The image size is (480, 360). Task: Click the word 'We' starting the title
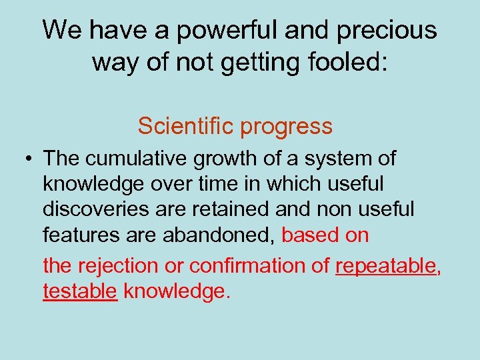click(64, 31)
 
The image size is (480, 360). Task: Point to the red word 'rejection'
click(121, 266)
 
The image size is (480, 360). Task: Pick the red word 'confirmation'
click(251, 266)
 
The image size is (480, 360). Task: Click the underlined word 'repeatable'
click(385, 266)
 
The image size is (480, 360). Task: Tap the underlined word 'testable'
click(80, 291)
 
